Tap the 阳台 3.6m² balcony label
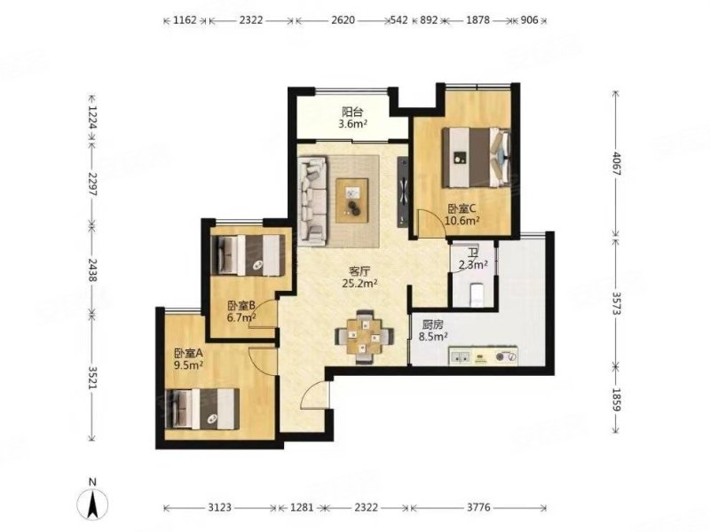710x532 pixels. click(352, 118)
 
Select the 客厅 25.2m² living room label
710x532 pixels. click(359, 278)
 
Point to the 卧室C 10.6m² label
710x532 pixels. click(461, 215)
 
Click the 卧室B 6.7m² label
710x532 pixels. click(241, 311)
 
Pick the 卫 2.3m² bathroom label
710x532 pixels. click(473, 259)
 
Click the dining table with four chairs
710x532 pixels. click(364, 337)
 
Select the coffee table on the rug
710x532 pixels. click(351, 200)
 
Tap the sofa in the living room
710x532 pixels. click(312, 198)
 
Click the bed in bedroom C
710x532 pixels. click(477, 158)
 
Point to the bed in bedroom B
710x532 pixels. click(248, 254)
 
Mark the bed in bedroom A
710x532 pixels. click(203, 409)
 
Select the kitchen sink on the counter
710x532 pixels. click(461, 356)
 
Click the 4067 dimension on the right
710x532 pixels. click(616, 163)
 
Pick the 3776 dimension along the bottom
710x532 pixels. click(478, 507)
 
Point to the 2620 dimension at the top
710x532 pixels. click(343, 20)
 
